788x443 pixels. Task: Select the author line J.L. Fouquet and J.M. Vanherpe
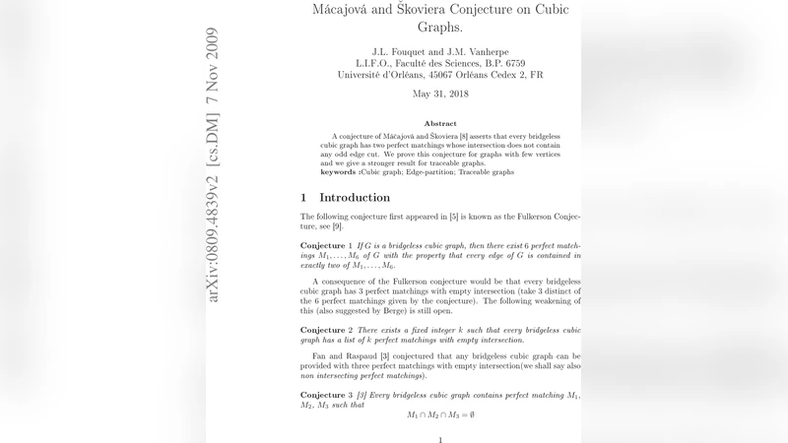point(439,50)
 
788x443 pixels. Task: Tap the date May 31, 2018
point(439,95)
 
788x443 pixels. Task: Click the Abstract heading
point(439,123)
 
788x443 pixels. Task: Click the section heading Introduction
point(355,198)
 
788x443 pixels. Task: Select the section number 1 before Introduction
point(303,198)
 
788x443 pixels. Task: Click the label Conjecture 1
point(326,243)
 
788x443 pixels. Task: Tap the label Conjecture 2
point(326,329)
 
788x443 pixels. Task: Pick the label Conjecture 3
point(326,395)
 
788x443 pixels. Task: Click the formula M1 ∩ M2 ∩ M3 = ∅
point(440,415)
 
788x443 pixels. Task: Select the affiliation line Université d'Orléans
point(439,75)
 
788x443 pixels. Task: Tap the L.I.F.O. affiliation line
point(439,62)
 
